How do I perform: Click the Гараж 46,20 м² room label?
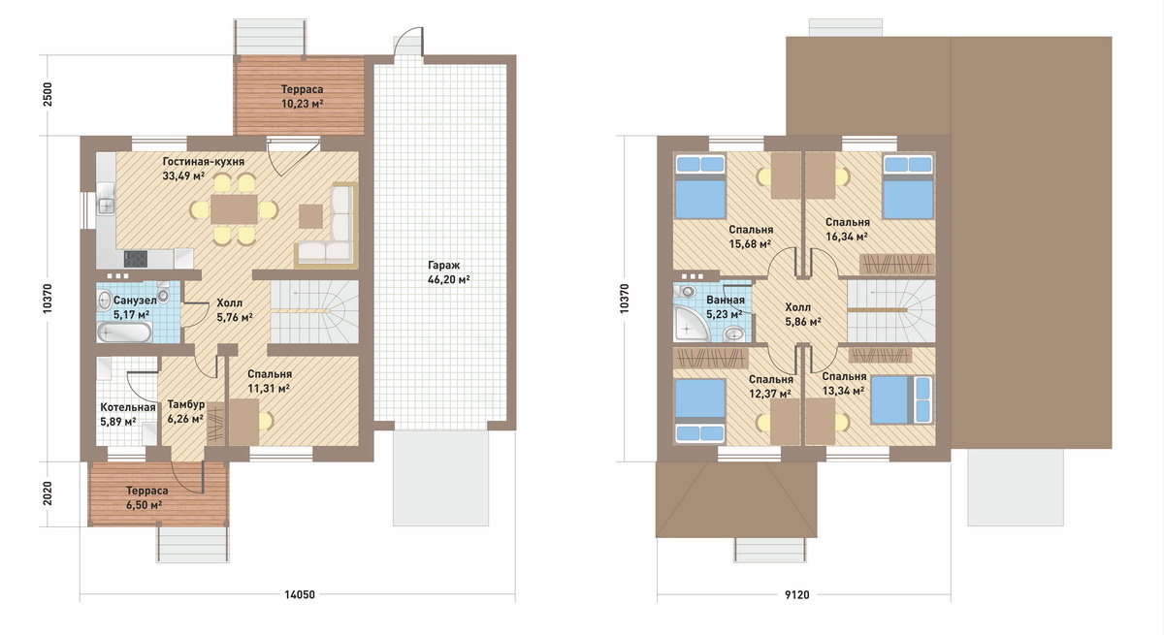click(x=448, y=272)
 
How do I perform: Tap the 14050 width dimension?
click(x=300, y=594)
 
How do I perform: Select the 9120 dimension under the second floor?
click(x=797, y=595)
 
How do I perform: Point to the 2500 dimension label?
click(x=48, y=94)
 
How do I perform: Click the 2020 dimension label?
click(x=48, y=493)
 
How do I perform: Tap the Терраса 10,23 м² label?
click(x=302, y=97)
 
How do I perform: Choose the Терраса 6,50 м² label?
click(x=147, y=498)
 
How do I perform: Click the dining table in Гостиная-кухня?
click(x=234, y=209)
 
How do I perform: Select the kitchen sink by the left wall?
click(x=106, y=206)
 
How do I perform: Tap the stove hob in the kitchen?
click(x=135, y=259)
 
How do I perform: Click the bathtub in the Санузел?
click(x=125, y=333)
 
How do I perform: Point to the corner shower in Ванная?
click(x=690, y=324)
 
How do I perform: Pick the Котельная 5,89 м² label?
click(x=128, y=414)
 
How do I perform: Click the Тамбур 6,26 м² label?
click(x=185, y=412)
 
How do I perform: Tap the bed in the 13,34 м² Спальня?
click(x=900, y=399)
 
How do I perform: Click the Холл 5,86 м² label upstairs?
click(x=803, y=315)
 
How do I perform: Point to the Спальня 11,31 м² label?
click(x=270, y=381)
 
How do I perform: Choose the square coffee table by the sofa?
click(x=310, y=216)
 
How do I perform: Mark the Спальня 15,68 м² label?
click(x=751, y=237)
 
